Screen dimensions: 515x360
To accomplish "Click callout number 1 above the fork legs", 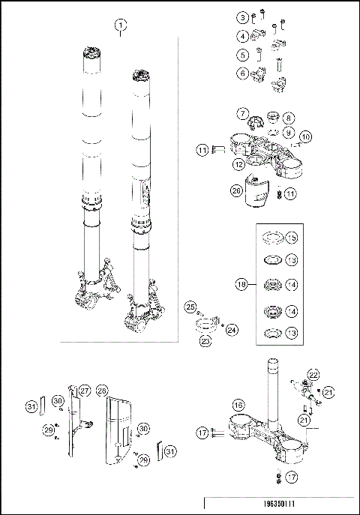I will [121, 25].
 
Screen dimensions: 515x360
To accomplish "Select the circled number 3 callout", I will [242, 17].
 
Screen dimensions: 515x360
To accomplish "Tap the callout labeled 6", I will [242, 73].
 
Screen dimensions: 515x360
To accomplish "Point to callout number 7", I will [242, 113].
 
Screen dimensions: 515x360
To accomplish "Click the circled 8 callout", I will [289, 118].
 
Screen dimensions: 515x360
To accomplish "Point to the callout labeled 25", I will [190, 307].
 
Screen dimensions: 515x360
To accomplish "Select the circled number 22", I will [313, 374].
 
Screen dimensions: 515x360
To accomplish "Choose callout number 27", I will [85, 391].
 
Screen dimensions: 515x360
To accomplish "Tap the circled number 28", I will [103, 391].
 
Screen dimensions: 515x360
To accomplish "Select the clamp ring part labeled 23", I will [205, 326].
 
